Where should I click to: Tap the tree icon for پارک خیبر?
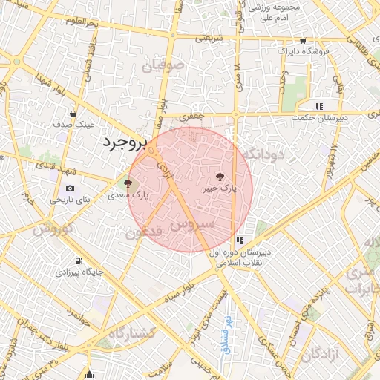(x=219, y=177)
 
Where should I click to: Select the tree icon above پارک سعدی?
(x=128, y=183)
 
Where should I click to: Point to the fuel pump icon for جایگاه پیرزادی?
(x=78, y=261)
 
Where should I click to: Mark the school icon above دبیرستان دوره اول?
(x=239, y=241)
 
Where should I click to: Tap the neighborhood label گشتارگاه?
(x=131, y=334)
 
